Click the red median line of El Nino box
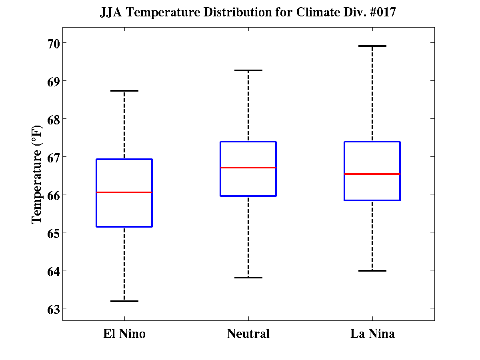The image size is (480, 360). click(x=124, y=192)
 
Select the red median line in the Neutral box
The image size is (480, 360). click(x=248, y=168)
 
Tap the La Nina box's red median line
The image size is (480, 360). click(x=372, y=174)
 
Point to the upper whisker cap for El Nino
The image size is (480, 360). click(x=124, y=91)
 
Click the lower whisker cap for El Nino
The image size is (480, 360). click(x=124, y=301)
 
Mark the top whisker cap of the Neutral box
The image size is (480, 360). click(x=248, y=70)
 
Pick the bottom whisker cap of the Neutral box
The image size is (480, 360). click(x=248, y=277)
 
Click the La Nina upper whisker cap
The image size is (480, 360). click(x=372, y=46)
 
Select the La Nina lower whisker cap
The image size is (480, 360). click(x=372, y=271)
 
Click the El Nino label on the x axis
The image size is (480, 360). click(x=124, y=334)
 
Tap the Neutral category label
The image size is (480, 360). click(x=248, y=334)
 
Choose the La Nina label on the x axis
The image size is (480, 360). click(x=372, y=334)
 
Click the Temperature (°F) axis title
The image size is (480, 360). click(x=36, y=175)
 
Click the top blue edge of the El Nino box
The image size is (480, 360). click(x=124, y=159)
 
